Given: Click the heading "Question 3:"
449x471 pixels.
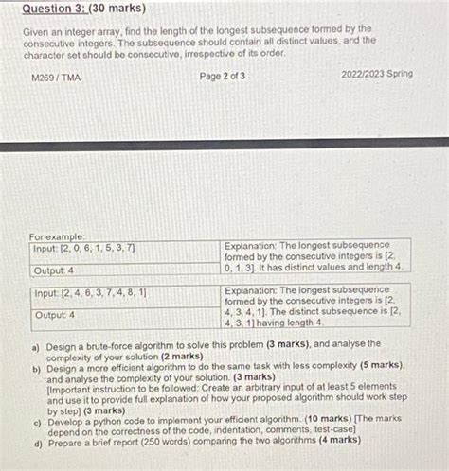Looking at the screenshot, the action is click(54, 9).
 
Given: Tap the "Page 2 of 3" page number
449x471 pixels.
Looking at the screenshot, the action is click(224, 76).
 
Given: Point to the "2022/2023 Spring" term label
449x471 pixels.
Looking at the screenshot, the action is click(377, 74).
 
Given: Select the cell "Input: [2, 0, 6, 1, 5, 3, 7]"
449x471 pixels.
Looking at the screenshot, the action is click(84, 249).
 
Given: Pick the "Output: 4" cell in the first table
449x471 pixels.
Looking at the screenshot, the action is click(55, 270).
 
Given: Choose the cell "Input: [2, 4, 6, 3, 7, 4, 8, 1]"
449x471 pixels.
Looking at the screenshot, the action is click(90, 294).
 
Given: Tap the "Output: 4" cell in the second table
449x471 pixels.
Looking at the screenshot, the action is click(56, 315).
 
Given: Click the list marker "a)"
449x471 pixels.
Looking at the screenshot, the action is click(34, 345).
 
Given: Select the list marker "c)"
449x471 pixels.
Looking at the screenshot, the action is click(36, 418).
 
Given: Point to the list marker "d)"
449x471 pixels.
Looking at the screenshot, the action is click(36, 440).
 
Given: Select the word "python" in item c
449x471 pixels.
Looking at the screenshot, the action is click(115, 418).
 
